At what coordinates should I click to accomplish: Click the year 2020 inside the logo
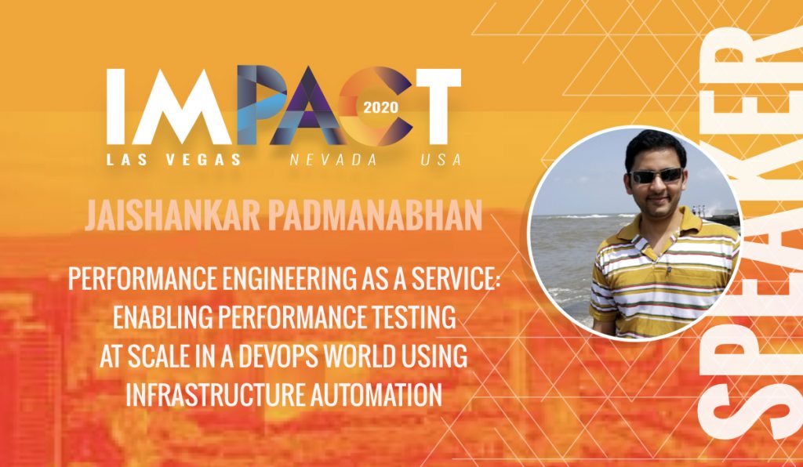[x=380, y=107]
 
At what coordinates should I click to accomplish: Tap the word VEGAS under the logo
[x=203, y=160]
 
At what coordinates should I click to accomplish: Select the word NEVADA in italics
[x=333, y=160]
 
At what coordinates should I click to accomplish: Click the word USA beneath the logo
[x=441, y=160]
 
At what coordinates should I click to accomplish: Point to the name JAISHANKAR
[x=173, y=215]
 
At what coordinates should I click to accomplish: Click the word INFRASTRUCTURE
[x=212, y=395]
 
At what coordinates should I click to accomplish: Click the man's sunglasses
[x=656, y=176]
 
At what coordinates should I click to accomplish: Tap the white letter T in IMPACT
[x=439, y=107]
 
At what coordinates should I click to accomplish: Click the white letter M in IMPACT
[x=183, y=107]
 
